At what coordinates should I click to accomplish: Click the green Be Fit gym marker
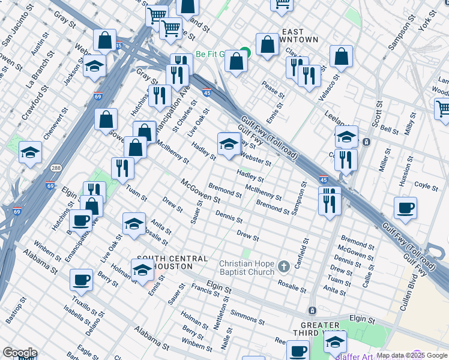[x=244, y=53]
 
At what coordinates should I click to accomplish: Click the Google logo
[x=20, y=353]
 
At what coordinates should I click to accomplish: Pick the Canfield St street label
[x=306, y=253]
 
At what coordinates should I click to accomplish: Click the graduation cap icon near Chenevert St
[x=31, y=152]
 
